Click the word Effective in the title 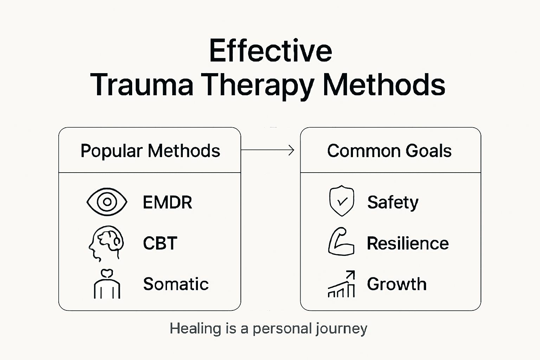tap(270, 51)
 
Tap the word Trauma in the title tap(142, 85)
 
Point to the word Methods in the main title tap(384, 85)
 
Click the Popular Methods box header tap(150, 151)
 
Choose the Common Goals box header tap(389, 151)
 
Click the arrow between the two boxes tap(268, 150)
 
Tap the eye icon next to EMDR tap(107, 202)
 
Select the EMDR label tap(167, 202)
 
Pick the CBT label tap(160, 243)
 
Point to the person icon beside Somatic tap(107, 284)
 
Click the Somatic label tap(176, 284)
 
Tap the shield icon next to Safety tap(341, 201)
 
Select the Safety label tap(393, 202)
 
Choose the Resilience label tap(408, 243)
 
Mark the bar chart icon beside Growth tap(341, 284)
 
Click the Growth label tap(397, 284)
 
